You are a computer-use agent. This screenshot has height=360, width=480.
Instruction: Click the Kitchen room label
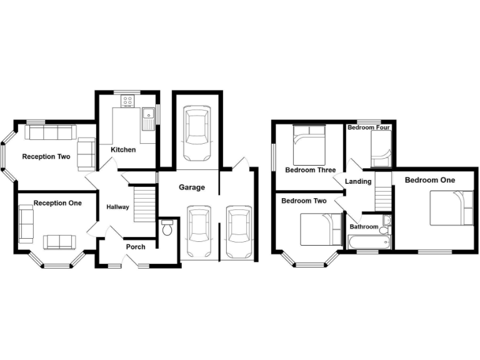click(x=123, y=150)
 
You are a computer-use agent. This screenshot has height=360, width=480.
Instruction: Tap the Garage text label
click(x=192, y=187)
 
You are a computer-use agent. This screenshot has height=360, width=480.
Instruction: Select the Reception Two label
click(x=46, y=157)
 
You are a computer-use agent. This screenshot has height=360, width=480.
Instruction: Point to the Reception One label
click(x=57, y=203)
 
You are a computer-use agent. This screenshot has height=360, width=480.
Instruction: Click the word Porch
click(x=136, y=247)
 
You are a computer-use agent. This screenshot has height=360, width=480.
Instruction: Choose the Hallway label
click(x=117, y=207)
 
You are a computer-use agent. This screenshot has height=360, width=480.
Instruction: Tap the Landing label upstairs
click(x=358, y=182)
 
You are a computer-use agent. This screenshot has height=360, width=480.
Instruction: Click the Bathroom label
click(x=364, y=227)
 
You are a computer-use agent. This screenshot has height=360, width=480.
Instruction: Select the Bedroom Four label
click(x=369, y=127)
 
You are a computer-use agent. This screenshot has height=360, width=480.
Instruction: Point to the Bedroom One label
click(x=430, y=180)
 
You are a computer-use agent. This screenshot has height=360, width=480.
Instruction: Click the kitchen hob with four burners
click(x=129, y=100)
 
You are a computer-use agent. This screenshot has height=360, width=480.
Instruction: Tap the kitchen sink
click(x=149, y=117)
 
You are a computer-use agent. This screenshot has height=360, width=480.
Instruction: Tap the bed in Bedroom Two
click(x=319, y=229)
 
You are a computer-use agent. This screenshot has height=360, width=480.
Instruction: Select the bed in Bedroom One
click(x=452, y=208)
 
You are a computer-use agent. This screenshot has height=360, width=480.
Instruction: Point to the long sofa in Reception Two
click(x=50, y=132)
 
